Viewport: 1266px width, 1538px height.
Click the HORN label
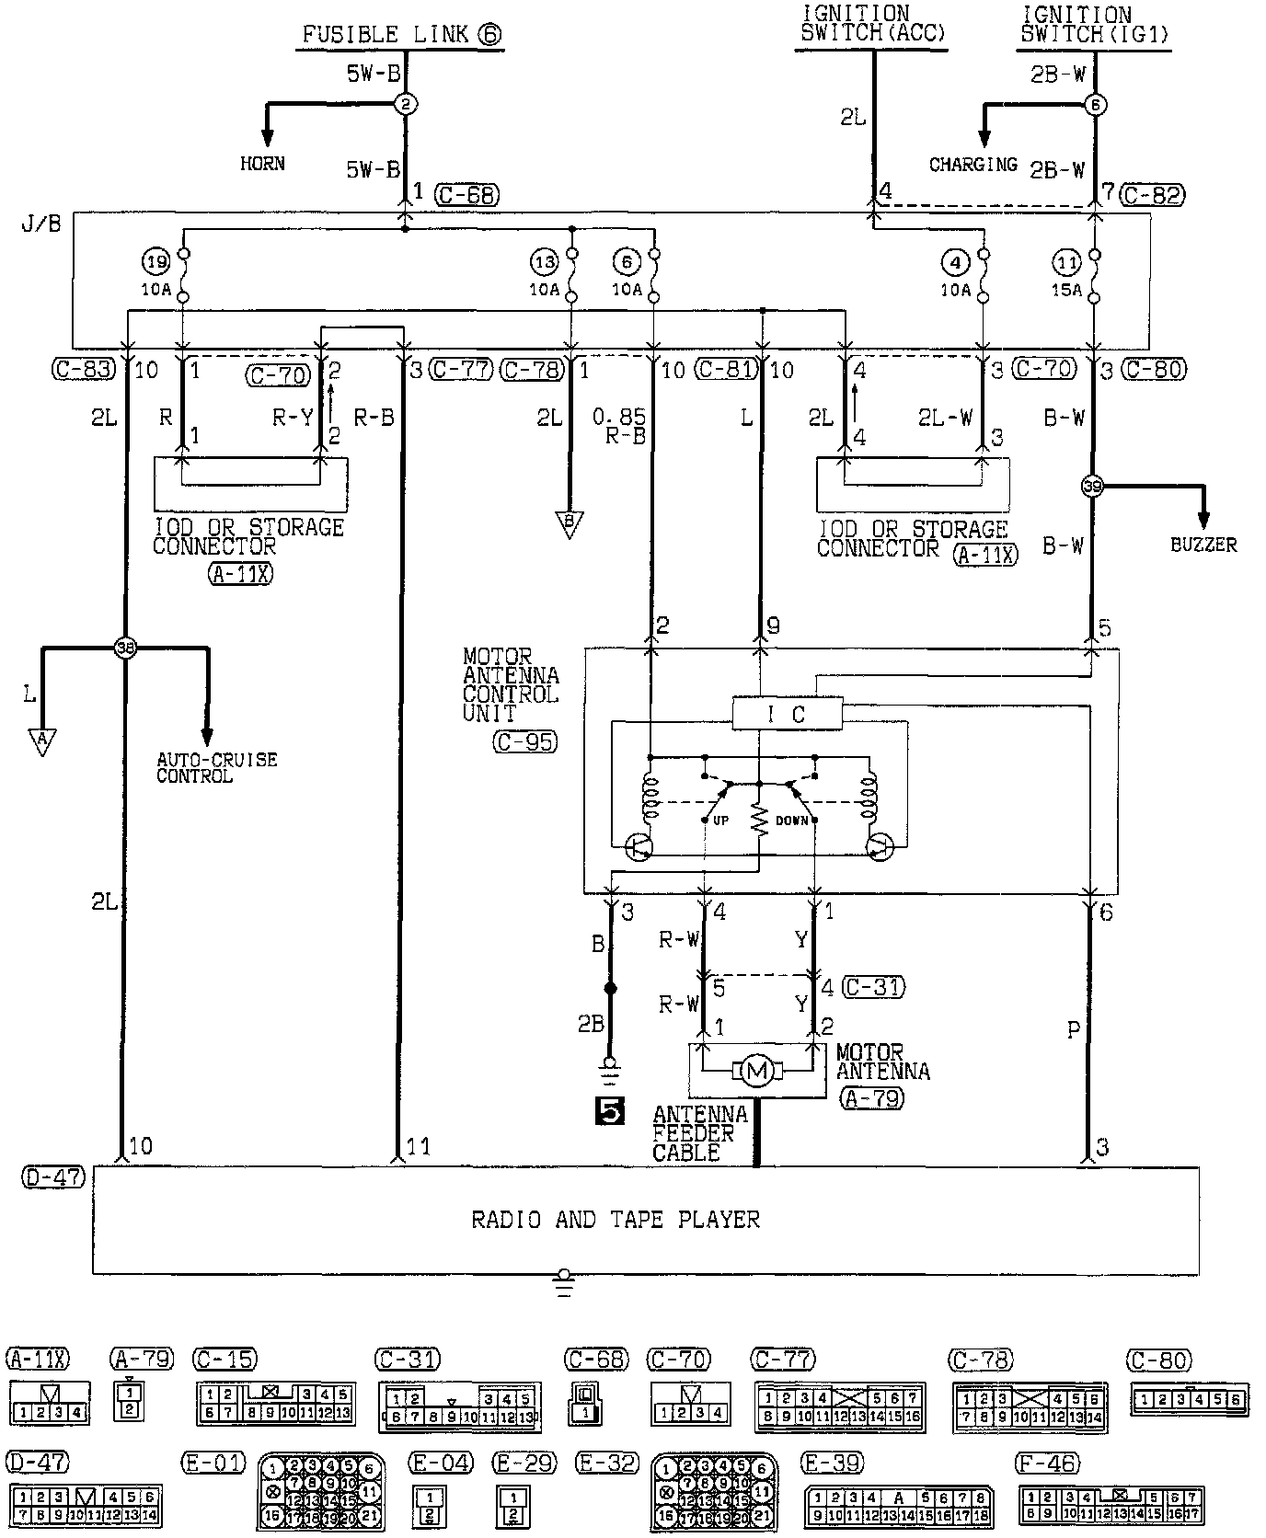pyautogui.click(x=262, y=164)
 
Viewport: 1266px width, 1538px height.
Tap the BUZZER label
pyautogui.click(x=1203, y=545)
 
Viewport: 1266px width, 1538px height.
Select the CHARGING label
pyautogui.click(x=973, y=165)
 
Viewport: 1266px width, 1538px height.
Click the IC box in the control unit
pyautogui.click(x=787, y=714)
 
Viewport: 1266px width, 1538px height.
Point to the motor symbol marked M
pyautogui.click(x=757, y=1070)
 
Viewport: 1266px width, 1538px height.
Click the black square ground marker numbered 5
pyautogui.click(x=609, y=1112)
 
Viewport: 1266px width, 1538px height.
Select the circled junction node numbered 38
pyautogui.click(x=125, y=648)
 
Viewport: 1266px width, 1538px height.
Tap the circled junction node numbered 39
pyautogui.click(x=1092, y=487)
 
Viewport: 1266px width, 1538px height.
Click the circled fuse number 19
pyautogui.click(x=156, y=262)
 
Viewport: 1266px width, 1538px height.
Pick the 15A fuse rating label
pyautogui.click(x=1066, y=290)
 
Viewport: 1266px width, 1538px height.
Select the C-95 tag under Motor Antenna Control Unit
pyautogui.click(x=524, y=741)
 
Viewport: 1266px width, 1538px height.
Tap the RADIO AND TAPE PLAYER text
pyautogui.click(x=616, y=1221)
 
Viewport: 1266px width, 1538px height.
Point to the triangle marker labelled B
pyautogui.click(x=570, y=524)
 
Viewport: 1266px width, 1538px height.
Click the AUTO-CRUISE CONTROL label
pyautogui.click(x=216, y=768)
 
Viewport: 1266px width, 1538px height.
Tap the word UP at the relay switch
pyautogui.click(x=720, y=820)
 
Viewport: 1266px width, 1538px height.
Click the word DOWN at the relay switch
pyautogui.click(x=791, y=820)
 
